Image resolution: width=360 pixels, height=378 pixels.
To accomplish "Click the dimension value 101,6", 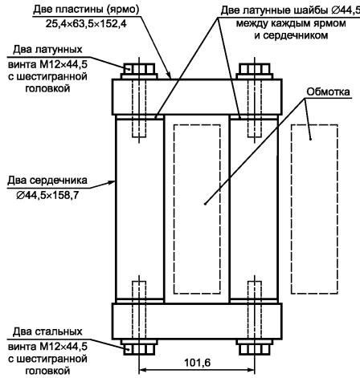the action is point(197,363).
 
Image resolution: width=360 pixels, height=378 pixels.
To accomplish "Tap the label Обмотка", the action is point(328,91).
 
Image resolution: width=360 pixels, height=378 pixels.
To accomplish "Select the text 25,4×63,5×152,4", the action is point(86,24).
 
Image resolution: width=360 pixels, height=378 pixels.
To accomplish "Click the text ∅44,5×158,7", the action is point(47,195).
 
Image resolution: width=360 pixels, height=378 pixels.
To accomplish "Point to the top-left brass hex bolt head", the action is point(139,71).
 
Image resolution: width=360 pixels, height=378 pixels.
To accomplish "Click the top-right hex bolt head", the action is point(254,71).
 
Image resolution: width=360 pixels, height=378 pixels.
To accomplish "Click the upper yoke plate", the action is point(197,97).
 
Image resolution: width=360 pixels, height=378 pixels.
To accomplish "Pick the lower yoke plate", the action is point(197,321).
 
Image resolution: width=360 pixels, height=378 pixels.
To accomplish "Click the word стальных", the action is point(59,331).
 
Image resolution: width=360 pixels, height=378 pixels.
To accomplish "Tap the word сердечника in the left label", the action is point(58,181).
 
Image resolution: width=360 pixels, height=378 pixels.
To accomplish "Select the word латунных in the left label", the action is point(59,50).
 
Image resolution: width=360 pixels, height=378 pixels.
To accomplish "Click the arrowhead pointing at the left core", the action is point(112,182).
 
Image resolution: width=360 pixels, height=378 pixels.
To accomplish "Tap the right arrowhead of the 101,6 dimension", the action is point(251,370).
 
